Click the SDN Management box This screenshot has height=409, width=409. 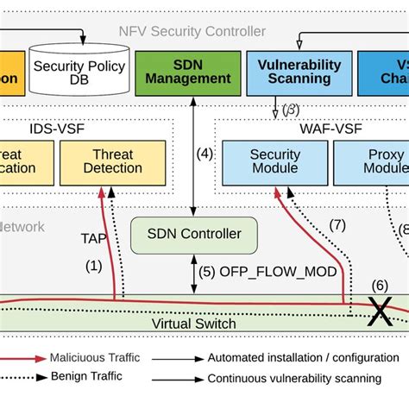188,71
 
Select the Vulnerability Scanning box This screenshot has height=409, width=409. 299,71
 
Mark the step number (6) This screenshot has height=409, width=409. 380,286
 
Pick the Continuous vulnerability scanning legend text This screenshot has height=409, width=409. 293,377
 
